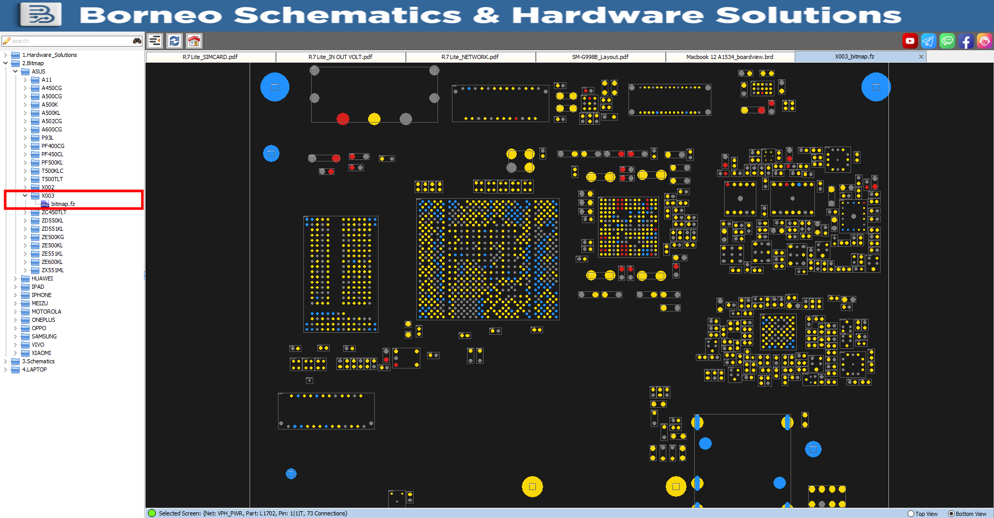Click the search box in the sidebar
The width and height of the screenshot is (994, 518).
point(67,41)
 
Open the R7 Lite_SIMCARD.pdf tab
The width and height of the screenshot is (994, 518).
point(210,57)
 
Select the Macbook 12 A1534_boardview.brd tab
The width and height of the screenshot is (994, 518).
point(729,57)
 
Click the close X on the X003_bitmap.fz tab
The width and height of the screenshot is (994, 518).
point(921,57)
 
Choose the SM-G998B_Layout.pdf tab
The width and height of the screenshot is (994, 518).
point(600,57)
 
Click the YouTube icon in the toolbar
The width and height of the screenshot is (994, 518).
point(910,41)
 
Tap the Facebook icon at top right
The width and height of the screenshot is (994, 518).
point(966,41)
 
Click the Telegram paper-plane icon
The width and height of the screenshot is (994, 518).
point(928,41)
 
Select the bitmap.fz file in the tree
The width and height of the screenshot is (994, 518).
point(63,204)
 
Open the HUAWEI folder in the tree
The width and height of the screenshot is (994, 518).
point(42,278)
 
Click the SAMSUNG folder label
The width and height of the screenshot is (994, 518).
point(44,336)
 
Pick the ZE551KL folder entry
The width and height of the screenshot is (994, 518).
point(52,254)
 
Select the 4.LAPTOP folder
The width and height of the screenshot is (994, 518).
point(34,369)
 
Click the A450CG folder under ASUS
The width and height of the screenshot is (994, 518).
point(51,88)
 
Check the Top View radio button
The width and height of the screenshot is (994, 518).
point(911,514)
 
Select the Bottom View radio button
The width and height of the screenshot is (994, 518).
point(951,514)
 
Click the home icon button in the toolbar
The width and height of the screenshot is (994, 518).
point(194,41)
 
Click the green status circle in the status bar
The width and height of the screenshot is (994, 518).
point(152,513)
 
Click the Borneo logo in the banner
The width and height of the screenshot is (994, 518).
point(40,14)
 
